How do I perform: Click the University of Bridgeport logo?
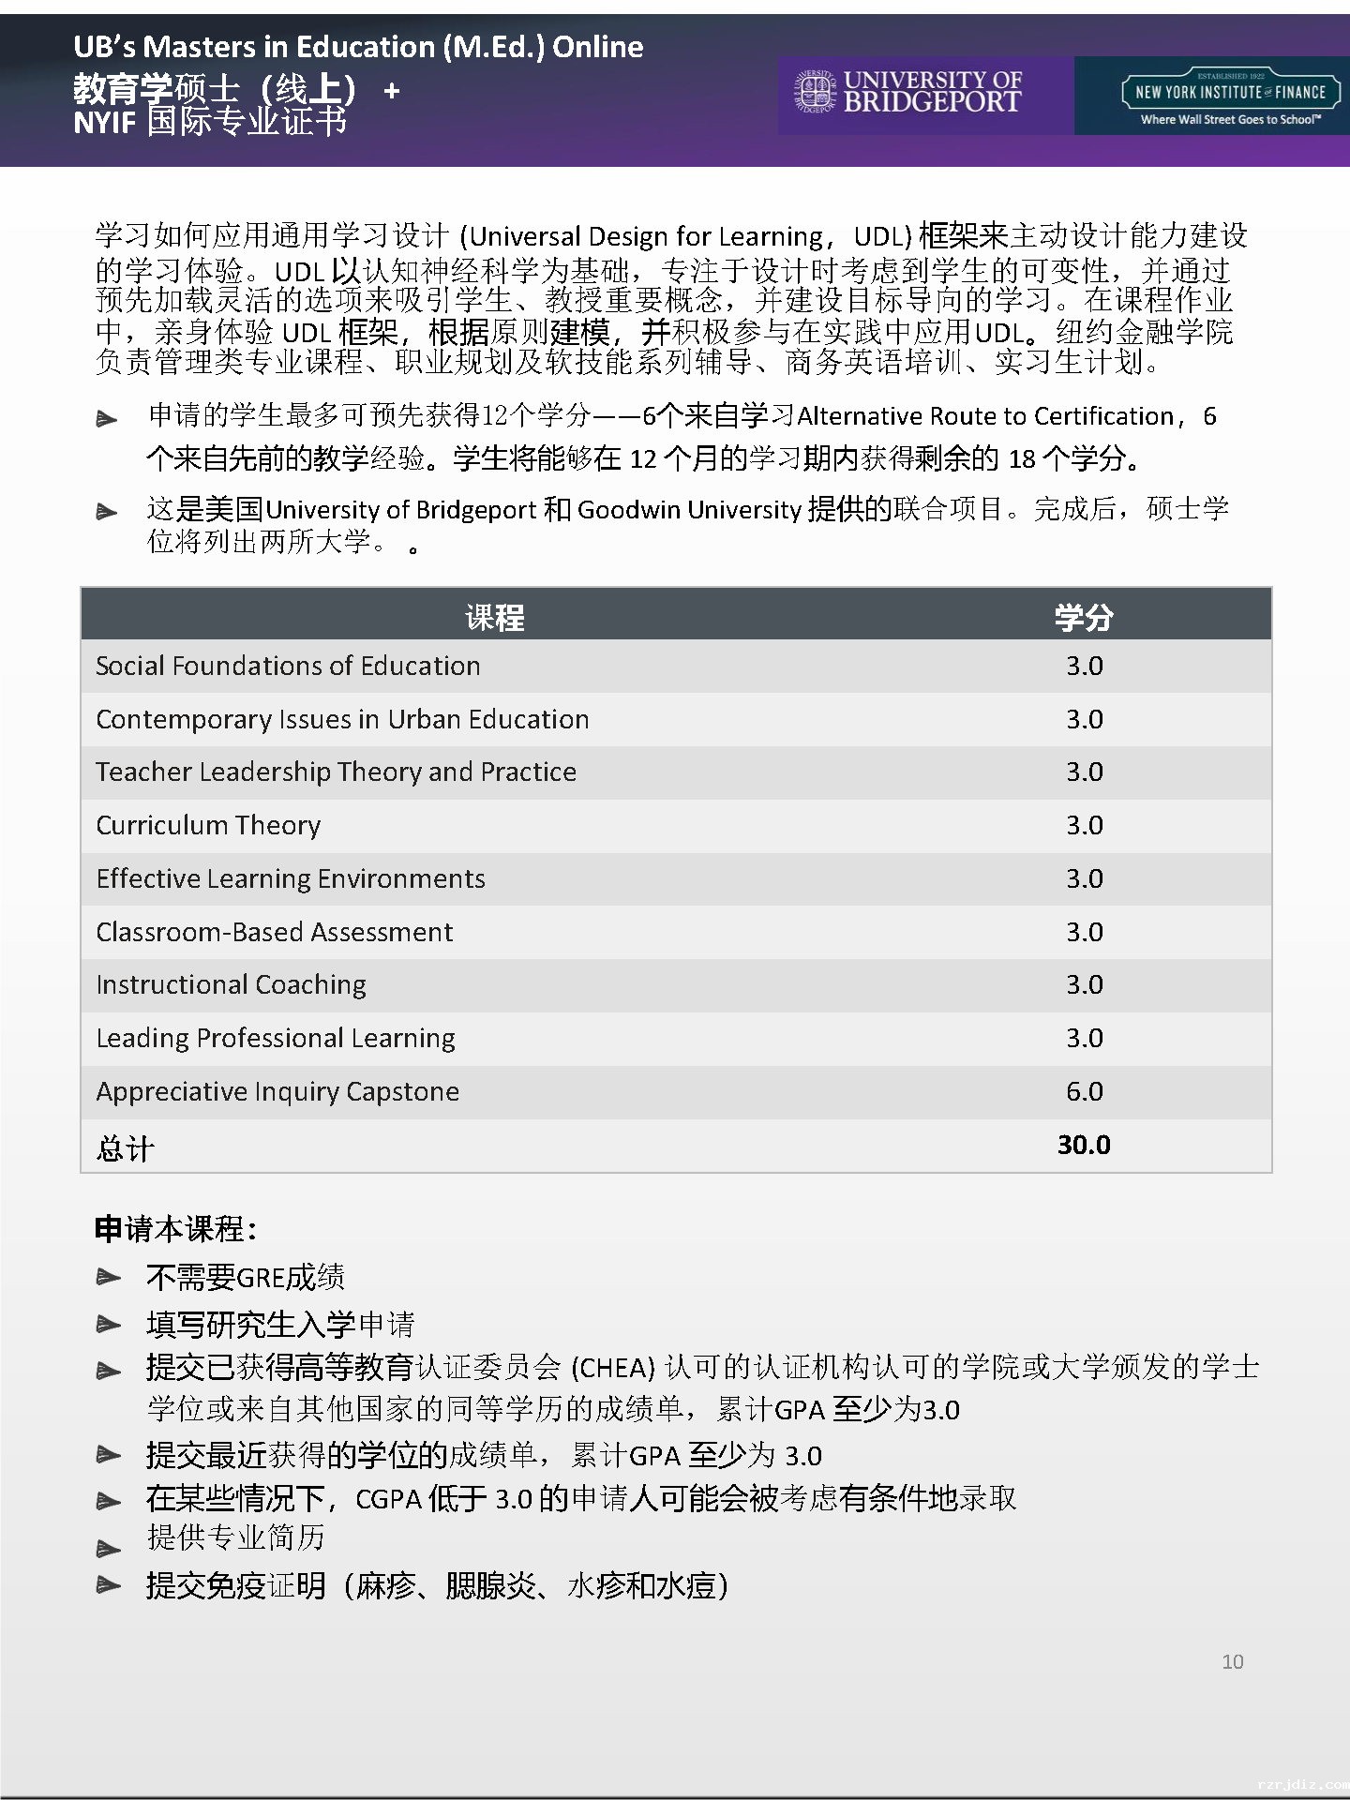908,93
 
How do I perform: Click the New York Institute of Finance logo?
1230,96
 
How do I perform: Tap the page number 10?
1232,1661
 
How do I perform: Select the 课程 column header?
494,617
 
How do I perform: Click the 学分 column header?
1084,617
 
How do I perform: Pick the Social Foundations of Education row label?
288,666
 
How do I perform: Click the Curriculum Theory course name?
208,825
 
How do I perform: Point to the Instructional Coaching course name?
231,984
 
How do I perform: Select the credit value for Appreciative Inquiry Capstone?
1084,1091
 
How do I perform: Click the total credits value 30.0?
1084,1145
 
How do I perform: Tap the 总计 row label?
125,1147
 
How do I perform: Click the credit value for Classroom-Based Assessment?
1084,932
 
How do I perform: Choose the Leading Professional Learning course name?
276,1038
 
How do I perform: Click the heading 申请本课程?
175,1228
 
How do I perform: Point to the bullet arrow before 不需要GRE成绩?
109,1277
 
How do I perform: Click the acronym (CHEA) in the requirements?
612,1368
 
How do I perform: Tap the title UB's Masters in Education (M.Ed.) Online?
358,47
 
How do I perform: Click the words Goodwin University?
689,509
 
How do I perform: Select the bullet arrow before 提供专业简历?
109,1549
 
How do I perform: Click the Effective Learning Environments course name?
291,878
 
